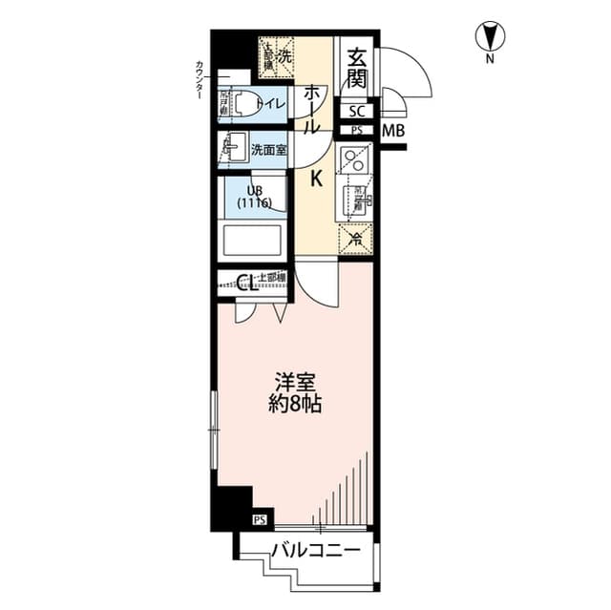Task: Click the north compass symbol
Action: (x=490, y=39)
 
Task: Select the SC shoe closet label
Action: (x=355, y=111)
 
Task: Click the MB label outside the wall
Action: (x=391, y=131)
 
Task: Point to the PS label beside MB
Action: (x=356, y=131)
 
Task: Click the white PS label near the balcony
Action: (x=260, y=519)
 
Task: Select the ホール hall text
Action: (x=312, y=109)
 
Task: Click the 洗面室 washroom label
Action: (x=268, y=150)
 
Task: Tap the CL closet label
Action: (x=244, y=282)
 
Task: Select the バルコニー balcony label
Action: (x=314, y=551)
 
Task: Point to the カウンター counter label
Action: (x=199, y=81)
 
